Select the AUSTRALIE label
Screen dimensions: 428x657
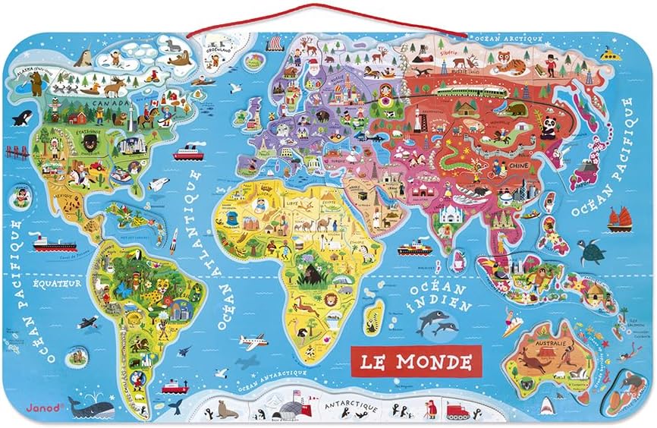(x=552, y=344)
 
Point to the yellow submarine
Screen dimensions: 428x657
(x=608, y=55)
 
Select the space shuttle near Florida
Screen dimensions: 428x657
(x=158, y=184)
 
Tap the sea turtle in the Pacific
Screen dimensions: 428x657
(x=589, y=251)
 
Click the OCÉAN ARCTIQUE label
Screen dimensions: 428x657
(x=498, y=36)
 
